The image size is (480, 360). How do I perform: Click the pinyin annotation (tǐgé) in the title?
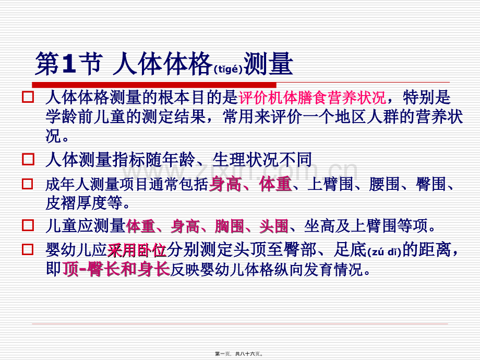click(x=227, y=70)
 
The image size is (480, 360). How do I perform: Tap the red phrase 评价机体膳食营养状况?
click(x=312, y=98)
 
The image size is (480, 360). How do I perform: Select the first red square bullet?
click(x=28, y=97)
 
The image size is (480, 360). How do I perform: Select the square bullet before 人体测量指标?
click(x=28, y=160)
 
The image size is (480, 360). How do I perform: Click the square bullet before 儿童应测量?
click(x=28, y=226)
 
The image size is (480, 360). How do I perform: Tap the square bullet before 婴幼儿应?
click(x=28, y=250)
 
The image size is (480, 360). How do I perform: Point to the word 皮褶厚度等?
click(x=86, y=202)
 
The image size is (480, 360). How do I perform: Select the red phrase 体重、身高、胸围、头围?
click(x=207, y=226)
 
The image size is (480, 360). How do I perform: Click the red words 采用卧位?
click(x=137, y=251)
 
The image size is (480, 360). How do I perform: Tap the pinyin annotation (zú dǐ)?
click(x=385, y=253)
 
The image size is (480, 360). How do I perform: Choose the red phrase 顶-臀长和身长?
click(x=116, y=269)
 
